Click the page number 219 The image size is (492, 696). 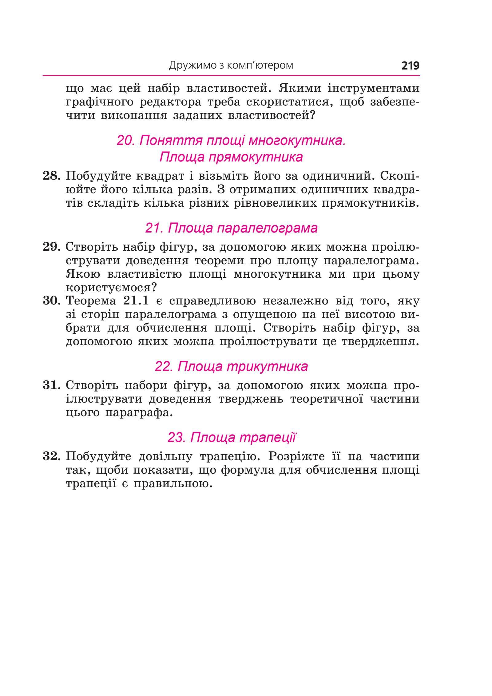pyautogui.click(x=410, y=66)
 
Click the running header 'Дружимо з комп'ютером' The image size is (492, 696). pyautogui.click(x=231, y=66)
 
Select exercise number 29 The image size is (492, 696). pyautogui.click(x=51, y=247)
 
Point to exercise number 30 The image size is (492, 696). pyautogui.click(x=51, y=301)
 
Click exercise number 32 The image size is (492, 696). pyautogui.click(x=51, y=456)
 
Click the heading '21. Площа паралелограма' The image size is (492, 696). pyautogui.click(x=231, y=228)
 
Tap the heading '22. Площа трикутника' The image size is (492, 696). pyautogui.click(x=231, y=366)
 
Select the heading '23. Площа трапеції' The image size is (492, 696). pyautogui.click(x=232, y=437)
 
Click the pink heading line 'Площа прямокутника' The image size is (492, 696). pyautogui.click(x=231, y=157)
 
